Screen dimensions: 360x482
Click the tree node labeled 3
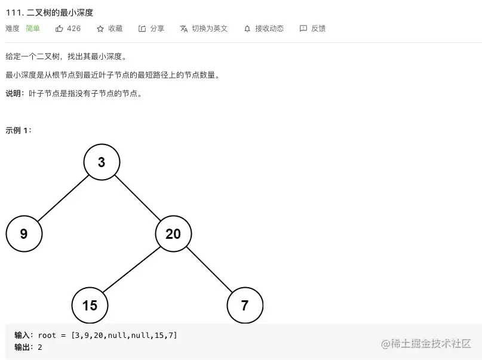102,162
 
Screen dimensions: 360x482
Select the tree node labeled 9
24,233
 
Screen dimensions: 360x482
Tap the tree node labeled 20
173,233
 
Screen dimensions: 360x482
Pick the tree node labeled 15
90,305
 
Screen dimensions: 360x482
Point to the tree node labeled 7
245,305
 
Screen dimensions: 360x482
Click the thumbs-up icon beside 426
59,29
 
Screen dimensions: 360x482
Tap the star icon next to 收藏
100,29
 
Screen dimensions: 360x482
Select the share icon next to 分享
142,29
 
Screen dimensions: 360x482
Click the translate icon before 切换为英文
184,29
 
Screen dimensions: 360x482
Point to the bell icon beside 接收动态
247,29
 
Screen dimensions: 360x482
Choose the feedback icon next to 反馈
303,29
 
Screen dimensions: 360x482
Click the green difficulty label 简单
33,29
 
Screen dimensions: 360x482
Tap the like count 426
73,29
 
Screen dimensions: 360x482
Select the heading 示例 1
19,130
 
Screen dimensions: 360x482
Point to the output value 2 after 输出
40,347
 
